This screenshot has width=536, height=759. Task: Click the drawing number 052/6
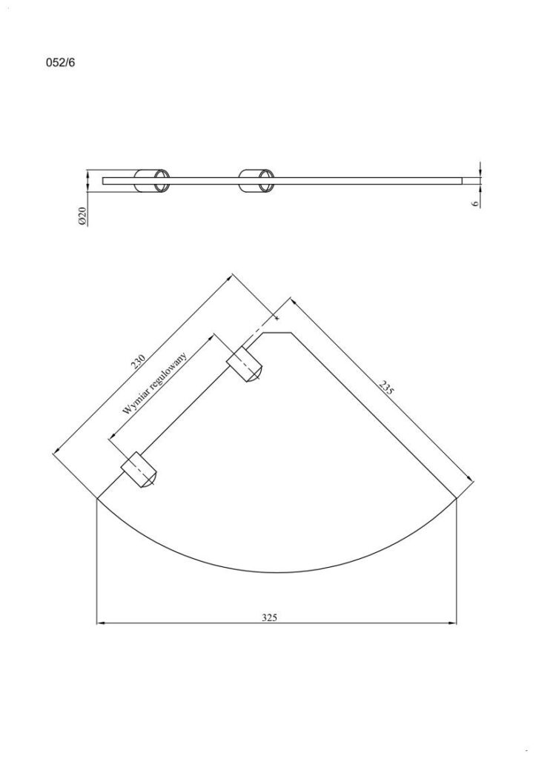point(61,63)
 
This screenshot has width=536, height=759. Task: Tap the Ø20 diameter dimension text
point(83,216)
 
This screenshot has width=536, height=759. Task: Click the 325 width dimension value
point(270,617)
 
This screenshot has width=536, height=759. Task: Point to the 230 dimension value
point(138,361)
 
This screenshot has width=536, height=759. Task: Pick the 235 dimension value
point(386,388)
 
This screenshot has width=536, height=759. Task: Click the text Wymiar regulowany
point(156,383)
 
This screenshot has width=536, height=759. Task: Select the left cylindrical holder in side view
point(152,180)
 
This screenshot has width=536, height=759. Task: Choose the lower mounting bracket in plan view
point(140,470)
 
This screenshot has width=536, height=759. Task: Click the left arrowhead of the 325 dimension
point(101,623)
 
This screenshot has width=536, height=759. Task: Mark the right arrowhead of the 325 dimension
point(453,623)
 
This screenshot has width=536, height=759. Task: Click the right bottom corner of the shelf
point(457,499)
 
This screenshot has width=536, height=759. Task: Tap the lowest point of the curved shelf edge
point(277,572)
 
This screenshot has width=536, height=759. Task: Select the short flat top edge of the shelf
point(279,333)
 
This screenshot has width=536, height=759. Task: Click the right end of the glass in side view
point(462,180)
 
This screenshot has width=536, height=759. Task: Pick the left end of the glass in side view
point(104,180)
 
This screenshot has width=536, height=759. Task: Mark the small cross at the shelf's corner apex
point(277,319)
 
